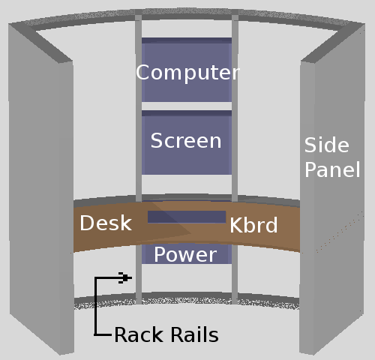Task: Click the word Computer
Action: point(187,73)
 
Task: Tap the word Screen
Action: point(186,140)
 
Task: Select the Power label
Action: point(185,255)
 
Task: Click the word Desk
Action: point(106,223)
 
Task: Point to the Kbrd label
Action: point(253,225)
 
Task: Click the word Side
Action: point(326,145)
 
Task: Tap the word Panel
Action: point(332,169)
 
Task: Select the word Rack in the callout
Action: point(139,334)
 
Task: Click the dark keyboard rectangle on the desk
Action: point(187,217)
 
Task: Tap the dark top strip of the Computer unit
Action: point(187,40)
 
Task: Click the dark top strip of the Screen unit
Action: point(187,113)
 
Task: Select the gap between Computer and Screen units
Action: point(187,106)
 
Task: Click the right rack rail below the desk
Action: point(235,274)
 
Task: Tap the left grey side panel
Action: point(41,187)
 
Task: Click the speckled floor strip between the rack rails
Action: point(187,299)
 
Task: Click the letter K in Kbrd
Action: point(235,225)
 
